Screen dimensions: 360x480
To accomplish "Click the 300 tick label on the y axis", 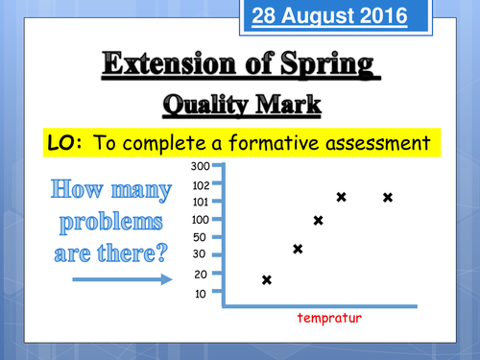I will click(x=202, y=167).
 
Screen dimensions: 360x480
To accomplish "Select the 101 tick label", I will click(x=200, y=203).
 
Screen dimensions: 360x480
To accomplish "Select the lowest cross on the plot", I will click(x=267, y=280).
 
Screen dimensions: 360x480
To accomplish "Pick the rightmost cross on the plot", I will click(x=388, y=198).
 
